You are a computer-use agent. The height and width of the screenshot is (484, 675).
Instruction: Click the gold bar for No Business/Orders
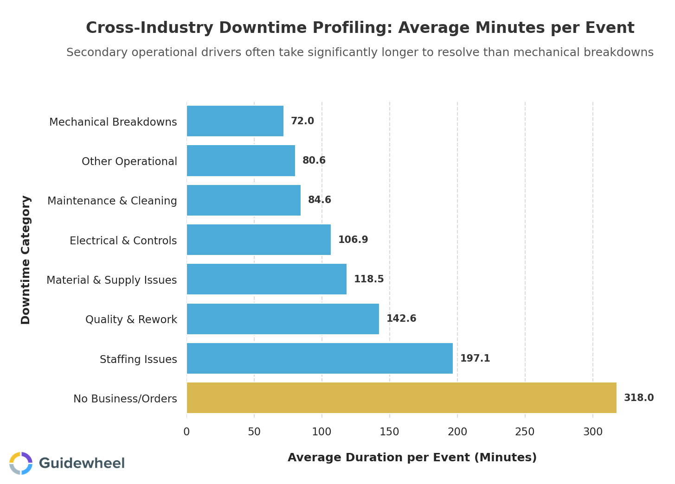pyautogui.click(x=401, y=398)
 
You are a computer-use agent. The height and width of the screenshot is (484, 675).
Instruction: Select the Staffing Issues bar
pyautogui.click(x=320, y=358)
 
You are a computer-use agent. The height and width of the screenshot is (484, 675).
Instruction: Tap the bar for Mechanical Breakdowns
pyautogui.click(x=235, y=121)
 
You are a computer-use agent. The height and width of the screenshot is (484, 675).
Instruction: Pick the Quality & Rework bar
pyautogui.click(x=283, y=319)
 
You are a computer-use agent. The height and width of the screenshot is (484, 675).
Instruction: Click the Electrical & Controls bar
pyautogui.click(x=258, y=240)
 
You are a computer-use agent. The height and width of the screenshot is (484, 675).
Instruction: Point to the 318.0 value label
pyautogui.click(x=638, y=398)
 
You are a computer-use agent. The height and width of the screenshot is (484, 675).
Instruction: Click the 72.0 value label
pyautogui.click(x=302, y=121)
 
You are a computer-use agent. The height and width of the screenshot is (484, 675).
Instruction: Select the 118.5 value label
pyautogui.click(x=368, y=279)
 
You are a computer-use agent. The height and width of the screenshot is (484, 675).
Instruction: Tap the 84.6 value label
pyautogui.click(x=319, y=200)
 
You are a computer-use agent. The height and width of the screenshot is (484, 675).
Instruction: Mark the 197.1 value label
pyautogui.click(x=475, y=358)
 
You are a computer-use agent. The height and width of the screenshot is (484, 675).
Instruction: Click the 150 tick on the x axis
pyautogui.click(x=389, y=432)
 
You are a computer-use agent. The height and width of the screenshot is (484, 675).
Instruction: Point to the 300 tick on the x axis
pyautogui.click(x=592, y=432)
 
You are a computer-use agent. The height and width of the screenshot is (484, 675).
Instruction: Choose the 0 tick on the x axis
pyautogui.click(x=186, y=432)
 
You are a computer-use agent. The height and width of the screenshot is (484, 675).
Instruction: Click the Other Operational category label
pyautogui.click(x=129, y=161)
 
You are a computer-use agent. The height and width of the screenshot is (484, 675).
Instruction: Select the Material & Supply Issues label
pyautogui.click(x=111, y=280)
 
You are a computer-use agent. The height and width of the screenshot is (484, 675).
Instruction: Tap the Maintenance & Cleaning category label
pyautogui.click(x=112, y=201)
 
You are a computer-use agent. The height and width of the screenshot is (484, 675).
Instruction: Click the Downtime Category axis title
pyautogui.click(x=26, y=260)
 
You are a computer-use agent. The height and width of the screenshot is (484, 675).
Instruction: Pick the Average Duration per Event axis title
pyautogui.click(x=412, y=458)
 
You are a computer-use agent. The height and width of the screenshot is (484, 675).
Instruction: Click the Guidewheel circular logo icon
pyautogui.click(x=21, y=463)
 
